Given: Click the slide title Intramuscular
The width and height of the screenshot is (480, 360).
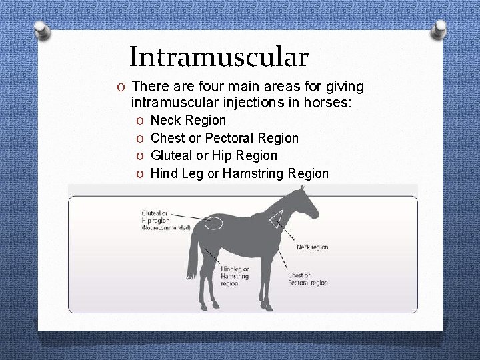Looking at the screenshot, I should [219, 57].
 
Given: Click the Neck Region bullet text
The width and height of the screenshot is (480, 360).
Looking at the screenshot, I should [188, 121].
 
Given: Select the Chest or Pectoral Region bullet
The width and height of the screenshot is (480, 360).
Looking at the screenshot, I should [224, 138].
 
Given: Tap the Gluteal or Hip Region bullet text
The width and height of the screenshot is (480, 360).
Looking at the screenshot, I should [214, 155].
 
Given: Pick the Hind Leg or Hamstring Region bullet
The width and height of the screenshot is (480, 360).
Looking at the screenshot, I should [239, 173].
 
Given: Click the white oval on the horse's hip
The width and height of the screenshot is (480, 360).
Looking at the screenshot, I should [213, 223].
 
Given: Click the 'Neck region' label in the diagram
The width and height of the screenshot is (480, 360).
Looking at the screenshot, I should [312, 247].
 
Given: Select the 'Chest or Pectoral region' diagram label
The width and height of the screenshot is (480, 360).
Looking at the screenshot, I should [307, 279].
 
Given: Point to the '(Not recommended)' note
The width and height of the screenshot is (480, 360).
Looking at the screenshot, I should [165, 228].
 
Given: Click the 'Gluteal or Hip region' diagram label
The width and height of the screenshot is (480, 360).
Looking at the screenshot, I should [156, 217].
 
